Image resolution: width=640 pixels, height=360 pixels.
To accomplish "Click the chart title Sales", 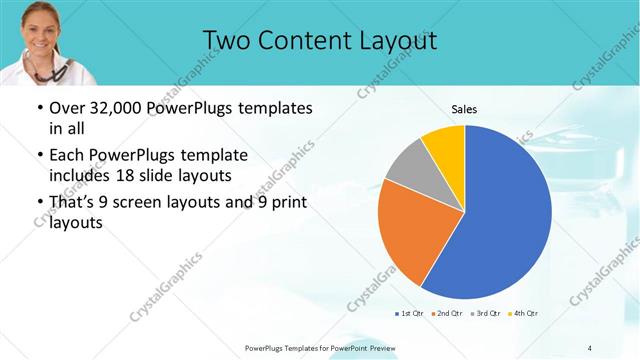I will coord(464,109).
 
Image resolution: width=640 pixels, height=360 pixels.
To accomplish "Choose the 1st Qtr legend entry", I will coord(409,314).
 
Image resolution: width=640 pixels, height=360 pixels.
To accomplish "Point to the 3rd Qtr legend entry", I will coord(486,314).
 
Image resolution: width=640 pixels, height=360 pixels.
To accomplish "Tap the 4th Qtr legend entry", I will coord(524,314).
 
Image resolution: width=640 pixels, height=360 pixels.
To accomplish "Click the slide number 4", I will coord(590,347).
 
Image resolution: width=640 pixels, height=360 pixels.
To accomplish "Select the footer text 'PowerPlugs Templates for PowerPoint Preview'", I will coord(321,347).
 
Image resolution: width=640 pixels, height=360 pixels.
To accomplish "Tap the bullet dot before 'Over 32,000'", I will coord(38,108).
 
